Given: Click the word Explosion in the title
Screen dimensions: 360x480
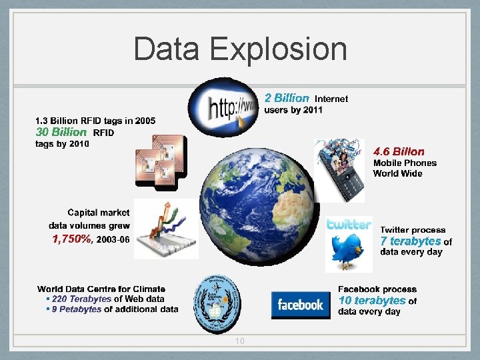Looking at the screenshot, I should (279, 49).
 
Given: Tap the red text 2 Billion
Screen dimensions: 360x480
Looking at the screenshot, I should (287, 98).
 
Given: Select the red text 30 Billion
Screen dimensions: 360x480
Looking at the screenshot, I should (61, 132).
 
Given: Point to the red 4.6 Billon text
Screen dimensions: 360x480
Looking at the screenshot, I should (399, 151).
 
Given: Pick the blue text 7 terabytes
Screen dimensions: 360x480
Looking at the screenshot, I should (411, 241).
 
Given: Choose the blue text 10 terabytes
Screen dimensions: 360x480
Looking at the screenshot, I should (372, 301).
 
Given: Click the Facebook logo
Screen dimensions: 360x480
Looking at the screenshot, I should (301, 305).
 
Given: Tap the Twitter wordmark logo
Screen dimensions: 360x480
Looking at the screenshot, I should (349, 225).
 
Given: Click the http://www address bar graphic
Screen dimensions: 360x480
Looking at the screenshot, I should (223, 107).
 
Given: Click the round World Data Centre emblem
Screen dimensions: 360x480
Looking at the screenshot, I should (215, 304).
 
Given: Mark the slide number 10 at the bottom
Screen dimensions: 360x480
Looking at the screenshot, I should (239, 341).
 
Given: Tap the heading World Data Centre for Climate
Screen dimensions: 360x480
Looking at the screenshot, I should (101, 289).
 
